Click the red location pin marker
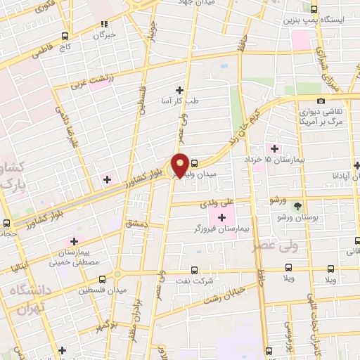pos(180,165)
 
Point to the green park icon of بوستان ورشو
pos(298,206)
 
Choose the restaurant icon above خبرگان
pos(104,23)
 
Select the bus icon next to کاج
pos(65,36)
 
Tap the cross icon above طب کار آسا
pos(180,90)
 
